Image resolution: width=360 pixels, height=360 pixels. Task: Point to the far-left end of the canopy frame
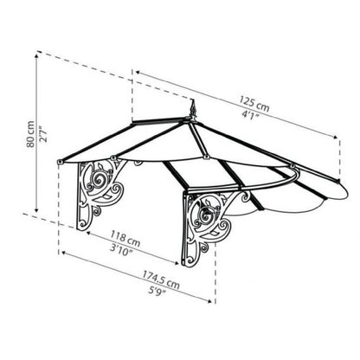click(x=58, y=163)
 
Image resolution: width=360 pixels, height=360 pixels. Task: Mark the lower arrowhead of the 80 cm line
click(x=36, y=209)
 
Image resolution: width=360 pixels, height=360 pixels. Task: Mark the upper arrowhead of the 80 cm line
click(x=36, y=55)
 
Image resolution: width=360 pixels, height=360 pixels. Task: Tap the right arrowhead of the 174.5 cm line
click(x=211, y=300)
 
